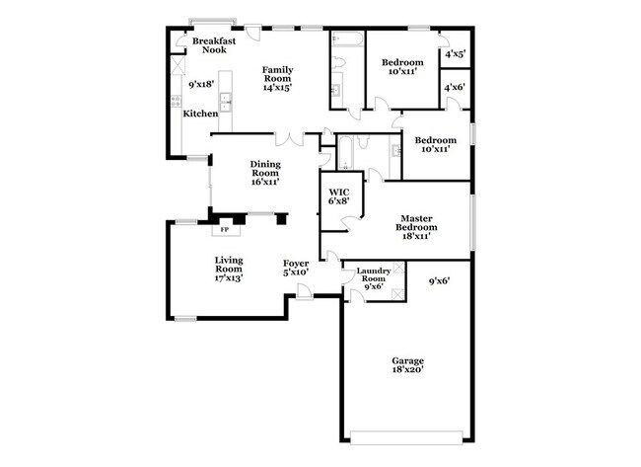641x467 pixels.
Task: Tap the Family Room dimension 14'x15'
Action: pyautogui.click(x=278, y=87)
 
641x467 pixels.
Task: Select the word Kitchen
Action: pyautogui.click(x=200, y=115)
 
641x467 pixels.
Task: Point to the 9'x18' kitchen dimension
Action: pyautogui.click(x=202, y=85)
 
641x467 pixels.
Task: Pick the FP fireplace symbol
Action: pyautogui.click(x=225, y=230)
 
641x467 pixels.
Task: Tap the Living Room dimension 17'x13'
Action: pyautogui.click(x=229, y=278)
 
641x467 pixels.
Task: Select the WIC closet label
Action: pyautogui.click(x=339, y=191)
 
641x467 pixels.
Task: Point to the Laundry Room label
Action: pyautogui.click(x=372, y=274)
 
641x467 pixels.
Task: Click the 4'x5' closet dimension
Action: pyautogui.click(x=455, y=55)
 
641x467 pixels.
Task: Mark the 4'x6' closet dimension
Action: pyautogui.click(x=455, y=88)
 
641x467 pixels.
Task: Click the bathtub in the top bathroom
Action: pyautogui.click(x=346, y=40)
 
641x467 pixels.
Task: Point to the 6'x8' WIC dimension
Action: pyautogui.click(x=339, y=201)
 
